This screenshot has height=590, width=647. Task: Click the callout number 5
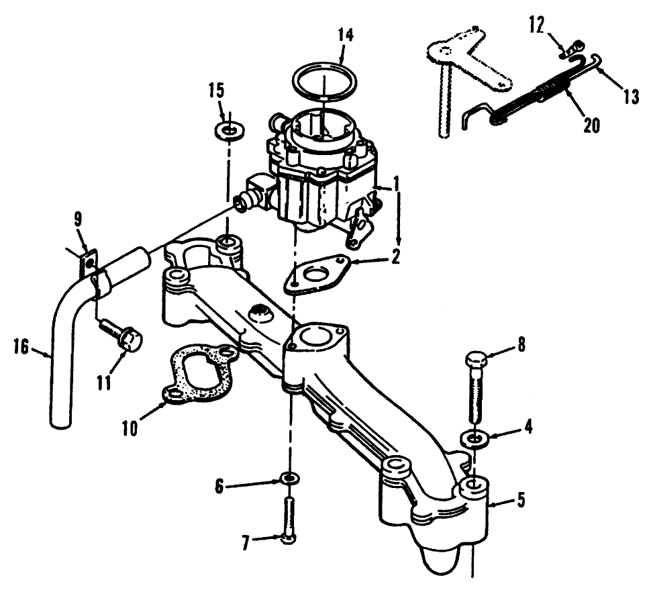(x=521, y=500)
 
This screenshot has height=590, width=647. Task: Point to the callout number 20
(x=591, y=126)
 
